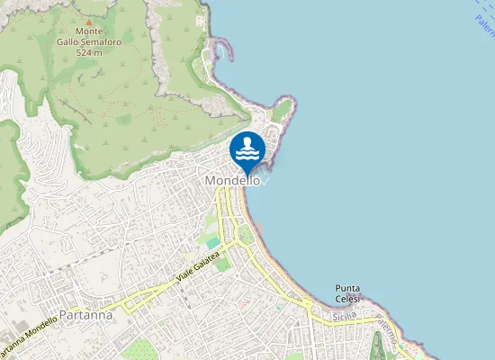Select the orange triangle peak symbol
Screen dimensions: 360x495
pos(88,21)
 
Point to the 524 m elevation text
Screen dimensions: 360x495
pos(89,52)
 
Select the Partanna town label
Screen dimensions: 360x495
pos(84,316)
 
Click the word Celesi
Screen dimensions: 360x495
pos(346,299)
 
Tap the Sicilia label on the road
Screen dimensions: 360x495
pos(344,317)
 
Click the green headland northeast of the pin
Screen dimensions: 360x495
pos(282,110)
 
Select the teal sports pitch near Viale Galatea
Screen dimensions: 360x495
pos(212,243)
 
